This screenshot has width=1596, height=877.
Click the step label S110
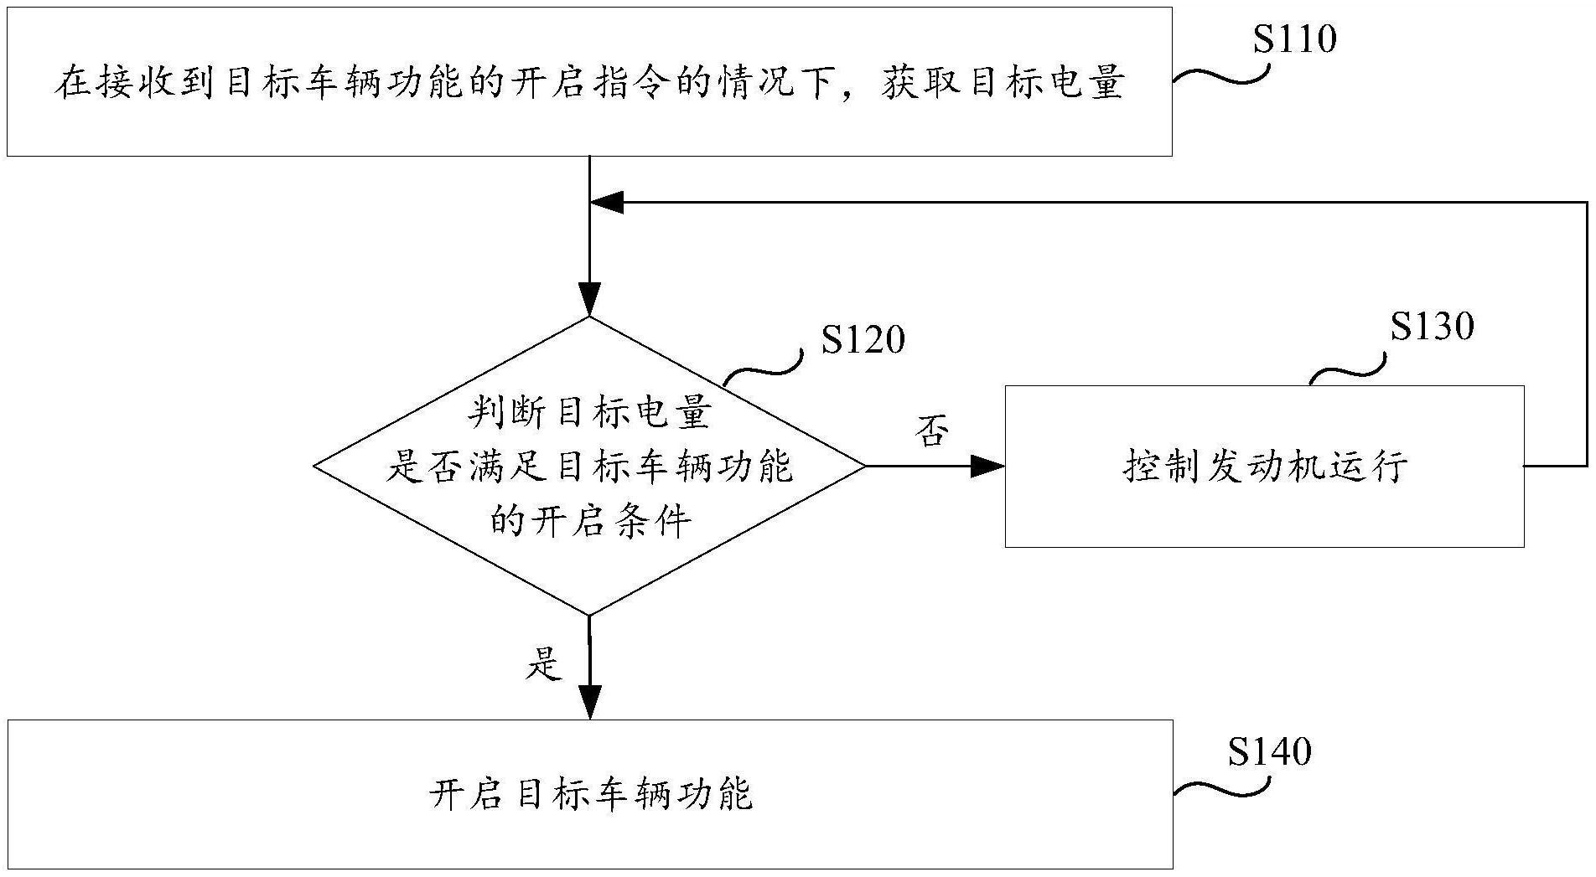1294,39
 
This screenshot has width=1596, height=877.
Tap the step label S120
863,340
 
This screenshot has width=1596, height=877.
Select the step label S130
1432,327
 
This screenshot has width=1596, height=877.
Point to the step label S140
1269,751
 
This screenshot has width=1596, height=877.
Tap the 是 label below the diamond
543,663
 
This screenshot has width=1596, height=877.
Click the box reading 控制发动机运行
1264,467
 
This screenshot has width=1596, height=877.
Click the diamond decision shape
589,466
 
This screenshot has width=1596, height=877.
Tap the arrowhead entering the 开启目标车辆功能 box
590,702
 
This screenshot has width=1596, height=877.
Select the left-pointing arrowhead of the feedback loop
607,202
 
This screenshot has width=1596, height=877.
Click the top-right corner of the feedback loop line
1587,202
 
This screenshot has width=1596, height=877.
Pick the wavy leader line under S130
1346,369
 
